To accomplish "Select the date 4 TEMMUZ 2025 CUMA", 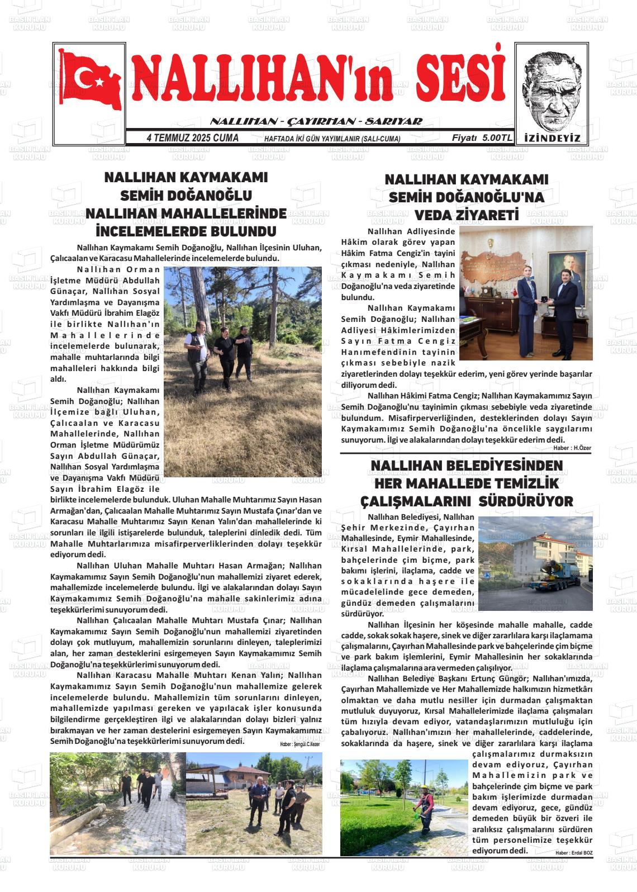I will coord(192,138).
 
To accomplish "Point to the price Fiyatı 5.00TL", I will coord(481,138).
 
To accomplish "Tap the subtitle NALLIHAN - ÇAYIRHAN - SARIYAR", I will coord(316,121).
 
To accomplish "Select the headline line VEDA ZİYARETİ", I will coord(467,215).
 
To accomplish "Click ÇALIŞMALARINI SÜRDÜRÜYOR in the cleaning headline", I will coord(467,501).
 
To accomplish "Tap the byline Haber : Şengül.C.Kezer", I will coord(300,744).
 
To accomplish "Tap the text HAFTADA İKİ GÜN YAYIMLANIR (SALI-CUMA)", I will coord(332,139).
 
